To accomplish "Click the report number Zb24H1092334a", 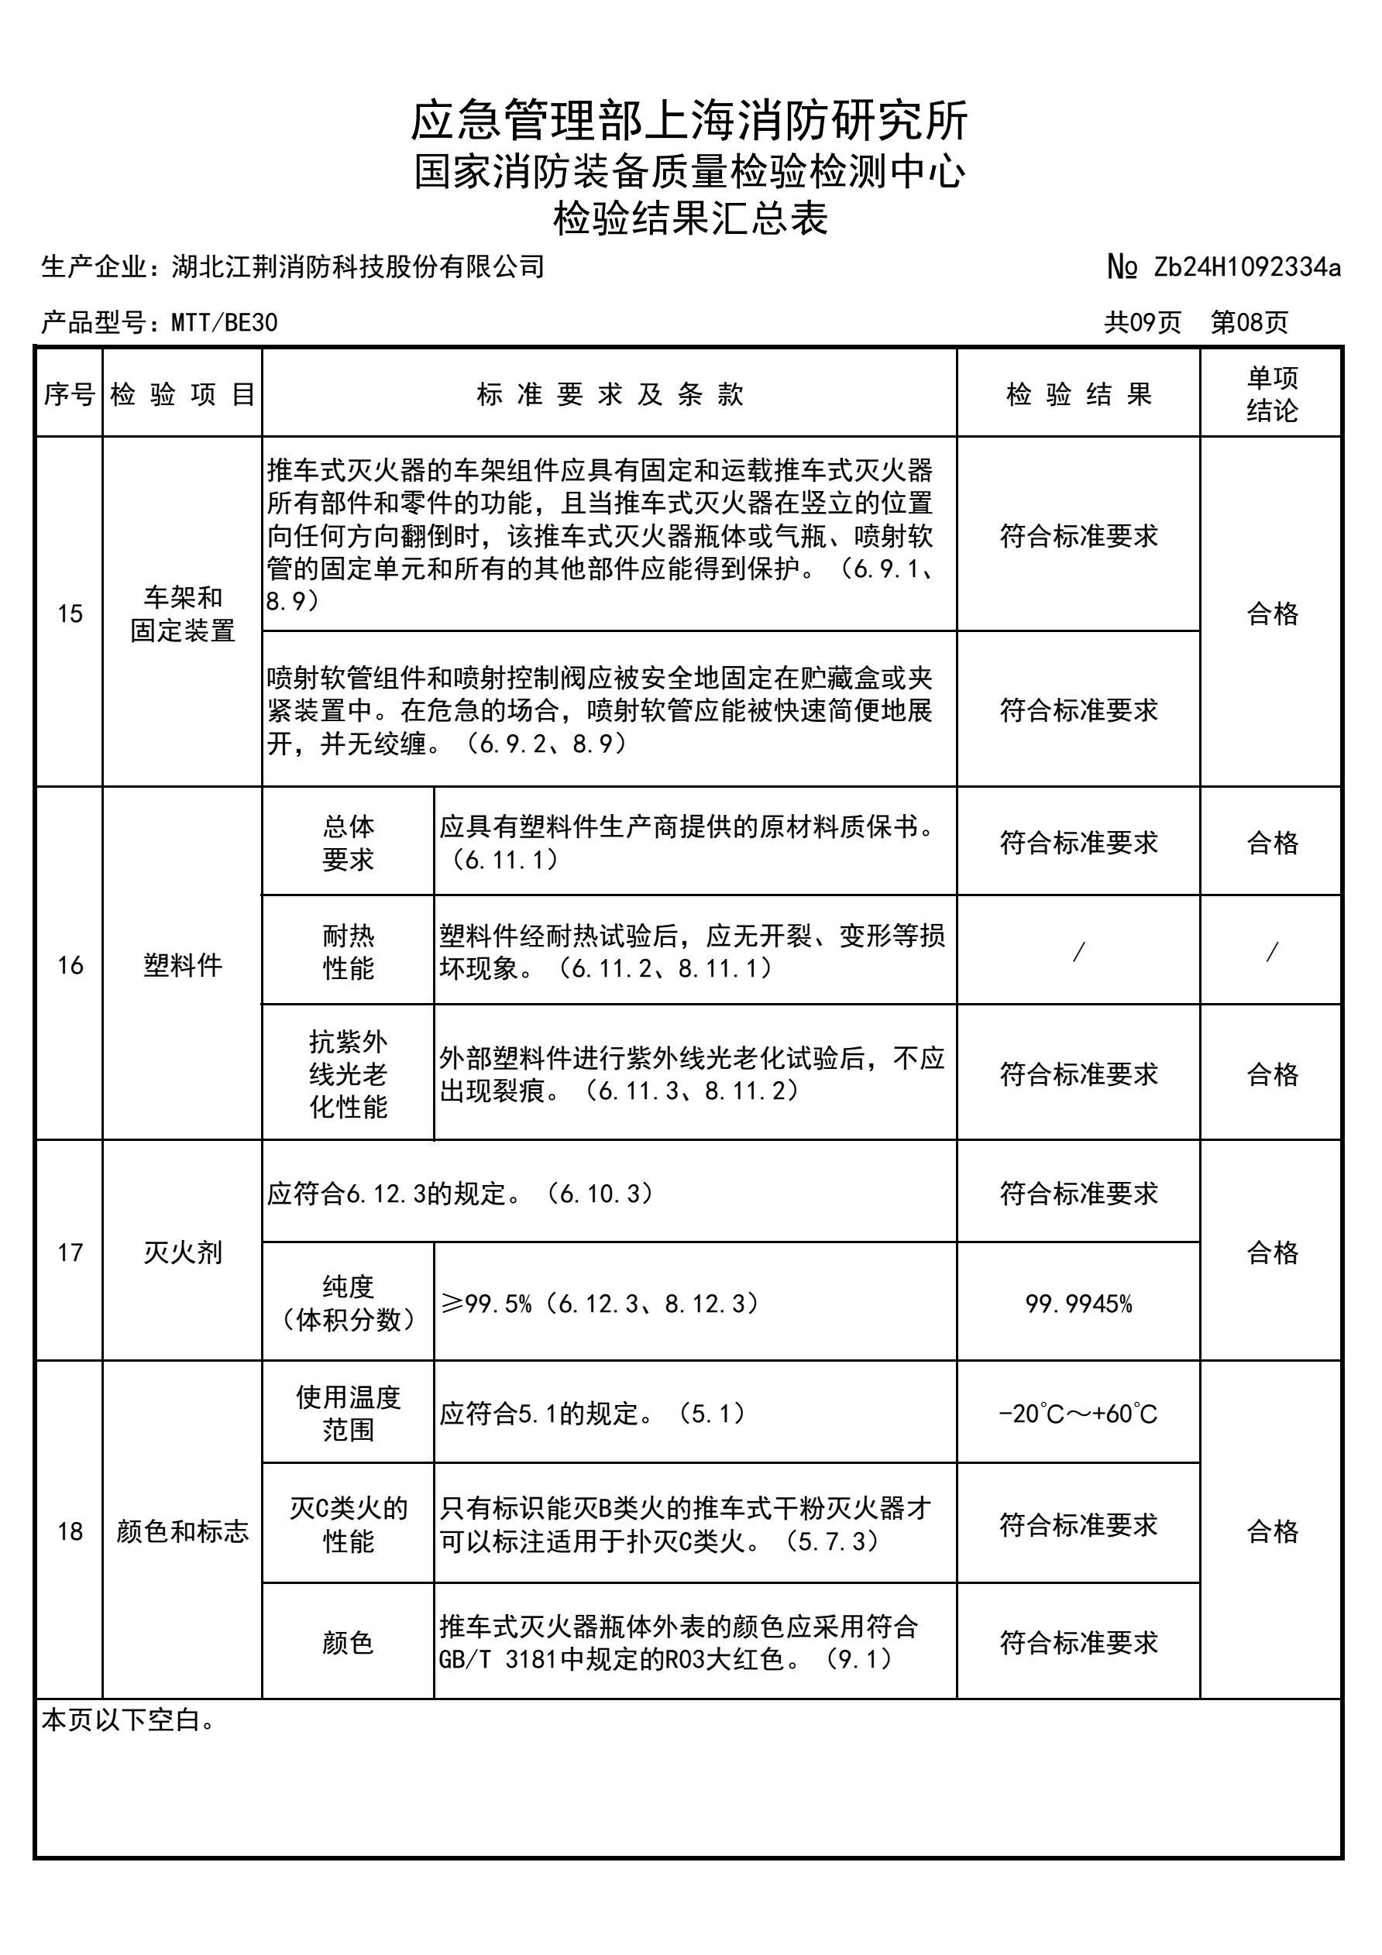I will (1246, 267).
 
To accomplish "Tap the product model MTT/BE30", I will (224, 323).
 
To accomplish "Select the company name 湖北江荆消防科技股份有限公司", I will (358, 267).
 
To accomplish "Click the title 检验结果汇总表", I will (689, 218).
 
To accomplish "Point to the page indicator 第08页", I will (1250, 323).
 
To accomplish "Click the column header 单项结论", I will (1271, 394).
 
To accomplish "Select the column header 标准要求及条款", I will (610, 394).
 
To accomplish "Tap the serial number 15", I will (70, 613).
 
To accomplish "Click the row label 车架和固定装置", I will (182, 613).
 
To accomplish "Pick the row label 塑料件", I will (182, 965).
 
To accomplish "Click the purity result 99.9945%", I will (1078, 1304).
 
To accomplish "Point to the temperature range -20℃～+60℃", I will (1078, 1414).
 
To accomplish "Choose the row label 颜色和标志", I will (182, 1532).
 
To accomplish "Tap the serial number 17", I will (70, 1252).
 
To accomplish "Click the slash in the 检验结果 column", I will (1078, 952).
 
